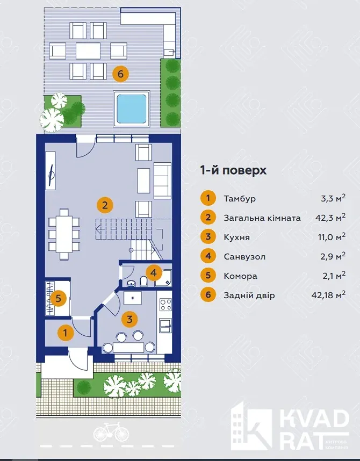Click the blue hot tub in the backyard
132,109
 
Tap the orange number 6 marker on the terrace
120,74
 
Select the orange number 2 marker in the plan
105,205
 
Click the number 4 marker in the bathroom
154,273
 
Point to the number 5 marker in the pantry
58,298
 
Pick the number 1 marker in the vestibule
66,333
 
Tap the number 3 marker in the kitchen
129,319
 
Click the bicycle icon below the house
111,432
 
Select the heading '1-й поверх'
233,170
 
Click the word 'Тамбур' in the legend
240,198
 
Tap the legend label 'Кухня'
237,237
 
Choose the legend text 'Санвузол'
244,257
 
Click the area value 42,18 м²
328,294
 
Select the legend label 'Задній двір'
249,295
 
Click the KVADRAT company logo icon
251,426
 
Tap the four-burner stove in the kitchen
165,304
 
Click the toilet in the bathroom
144,282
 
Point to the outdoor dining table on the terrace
88,51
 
